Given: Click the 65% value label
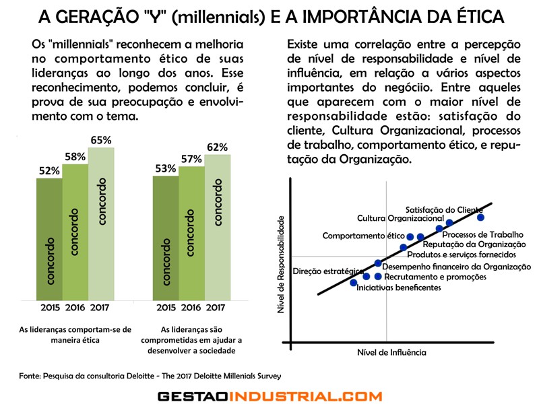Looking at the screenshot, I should [100, 140].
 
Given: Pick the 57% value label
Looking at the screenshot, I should [191, 159].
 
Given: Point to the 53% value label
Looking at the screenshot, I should [166, 168].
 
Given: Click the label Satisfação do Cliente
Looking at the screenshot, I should [443, 209].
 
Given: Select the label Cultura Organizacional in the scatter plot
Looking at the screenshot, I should [400, 218].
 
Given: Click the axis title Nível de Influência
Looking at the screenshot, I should [391, 351].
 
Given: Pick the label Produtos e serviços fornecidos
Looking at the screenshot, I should [462, 255].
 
